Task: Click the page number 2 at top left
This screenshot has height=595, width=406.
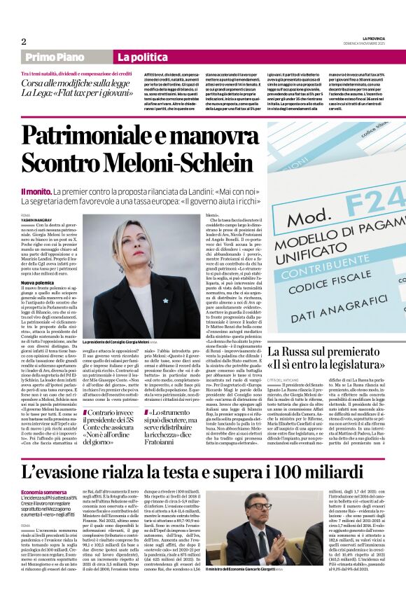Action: [x=24, y=41]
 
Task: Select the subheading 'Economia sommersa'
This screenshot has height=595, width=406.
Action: [x=43, y=474]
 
